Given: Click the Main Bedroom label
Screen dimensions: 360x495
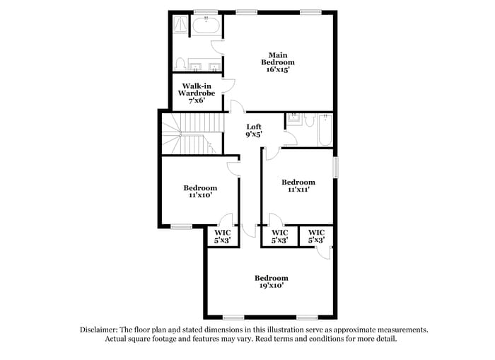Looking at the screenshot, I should coord(277,62).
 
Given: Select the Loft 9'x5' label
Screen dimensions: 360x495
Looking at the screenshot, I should coord(253,131).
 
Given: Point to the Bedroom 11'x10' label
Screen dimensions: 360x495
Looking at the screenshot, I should coord(200,191).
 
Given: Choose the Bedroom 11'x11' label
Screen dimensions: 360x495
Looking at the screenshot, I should coord(298,185).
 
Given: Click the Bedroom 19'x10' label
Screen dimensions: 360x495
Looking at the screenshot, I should coord(272,281).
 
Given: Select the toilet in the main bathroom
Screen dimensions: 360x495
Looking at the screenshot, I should coord(180,64).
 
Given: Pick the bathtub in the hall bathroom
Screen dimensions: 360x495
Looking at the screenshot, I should coord(325,129).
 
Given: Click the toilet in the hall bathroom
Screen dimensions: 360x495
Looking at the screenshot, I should coord(309,120).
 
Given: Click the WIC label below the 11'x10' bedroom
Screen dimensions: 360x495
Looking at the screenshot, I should coord(223,236).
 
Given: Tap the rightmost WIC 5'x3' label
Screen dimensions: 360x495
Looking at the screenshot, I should coord(316,236).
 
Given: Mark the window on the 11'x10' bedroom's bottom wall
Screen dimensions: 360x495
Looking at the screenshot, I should coord(182,226).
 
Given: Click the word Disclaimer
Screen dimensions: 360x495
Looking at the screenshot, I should coord(98,330).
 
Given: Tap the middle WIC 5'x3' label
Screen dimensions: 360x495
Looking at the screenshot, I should coord(279,236).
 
